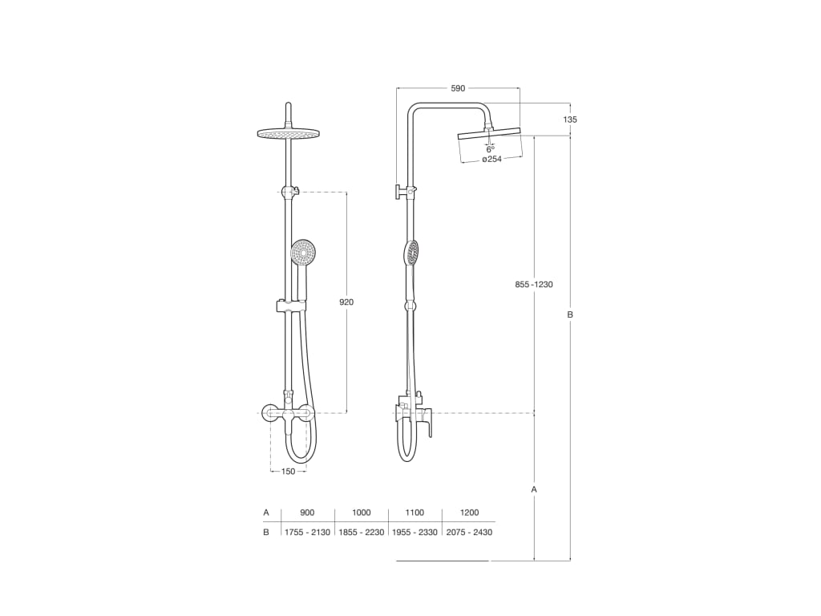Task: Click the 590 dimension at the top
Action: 458,88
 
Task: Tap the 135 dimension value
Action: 570,120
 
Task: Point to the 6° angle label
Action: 491,149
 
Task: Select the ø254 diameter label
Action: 491,160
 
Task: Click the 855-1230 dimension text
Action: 535,285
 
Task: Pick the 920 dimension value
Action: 346,302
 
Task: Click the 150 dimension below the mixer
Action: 289,472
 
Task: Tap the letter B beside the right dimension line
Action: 570,315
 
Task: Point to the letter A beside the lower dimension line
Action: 534,488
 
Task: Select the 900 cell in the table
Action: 307,513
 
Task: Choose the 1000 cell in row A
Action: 362,513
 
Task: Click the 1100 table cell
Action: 415,513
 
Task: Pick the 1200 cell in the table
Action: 469,513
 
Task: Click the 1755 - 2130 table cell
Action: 307,533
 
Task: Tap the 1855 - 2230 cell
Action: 362,533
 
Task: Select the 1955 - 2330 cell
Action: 415,533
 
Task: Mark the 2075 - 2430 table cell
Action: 469,533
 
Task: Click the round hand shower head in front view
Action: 303,253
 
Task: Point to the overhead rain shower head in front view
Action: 288,133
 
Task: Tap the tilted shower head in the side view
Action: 489,134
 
